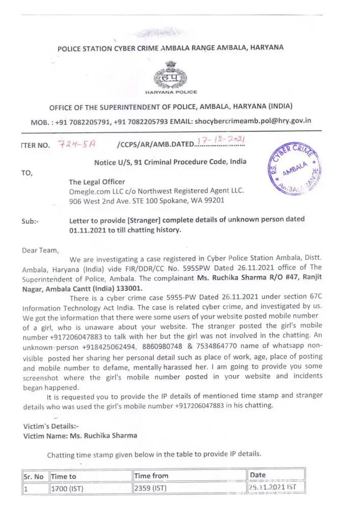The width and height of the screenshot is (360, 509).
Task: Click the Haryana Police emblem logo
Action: [x=171, y=74]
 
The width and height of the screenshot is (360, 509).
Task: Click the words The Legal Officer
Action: [x=97, y=182]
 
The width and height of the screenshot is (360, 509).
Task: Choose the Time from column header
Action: [x=151, y=475]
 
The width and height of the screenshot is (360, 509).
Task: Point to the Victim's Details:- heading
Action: [x=51, y=426]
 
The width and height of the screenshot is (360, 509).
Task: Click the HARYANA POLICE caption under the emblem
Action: [x=171, y=92]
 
